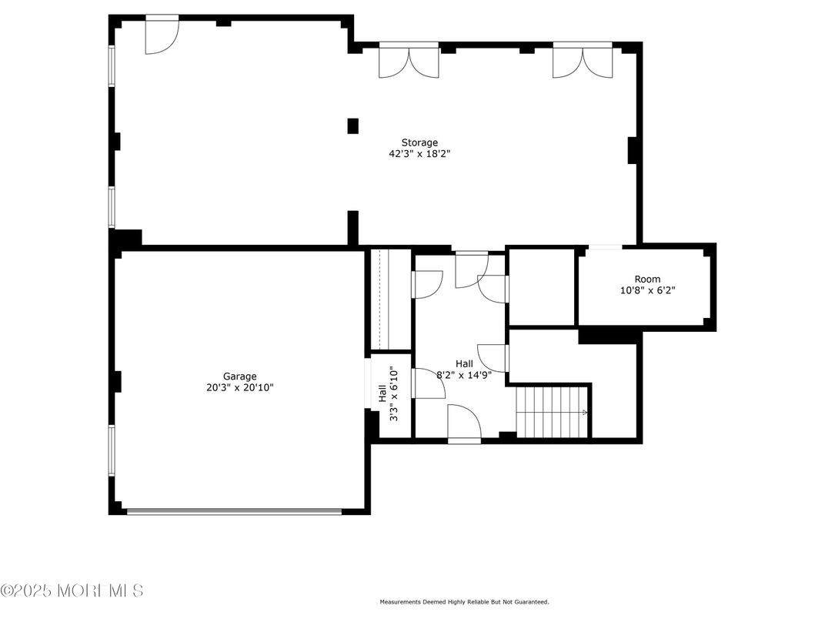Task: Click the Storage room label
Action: tap(419, 142)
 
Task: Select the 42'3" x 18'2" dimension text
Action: tap(419, 154)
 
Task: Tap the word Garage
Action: tap(240, 376)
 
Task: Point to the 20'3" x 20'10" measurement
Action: tap(240, 388)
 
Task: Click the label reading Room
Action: tap(646, 279)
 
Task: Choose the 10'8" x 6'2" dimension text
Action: tap(646, 291)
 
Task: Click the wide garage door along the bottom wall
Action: tap(234, 510)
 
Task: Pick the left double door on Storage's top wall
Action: tap(409, 60)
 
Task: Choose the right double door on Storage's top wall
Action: tap(583, 60)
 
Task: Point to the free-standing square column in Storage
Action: tap(353, 125)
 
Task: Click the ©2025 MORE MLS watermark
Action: tap(72, 591)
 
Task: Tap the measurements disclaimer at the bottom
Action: tap(463, 602)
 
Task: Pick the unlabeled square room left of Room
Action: tap(542, 287)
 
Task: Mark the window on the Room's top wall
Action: tap(605, 246)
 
